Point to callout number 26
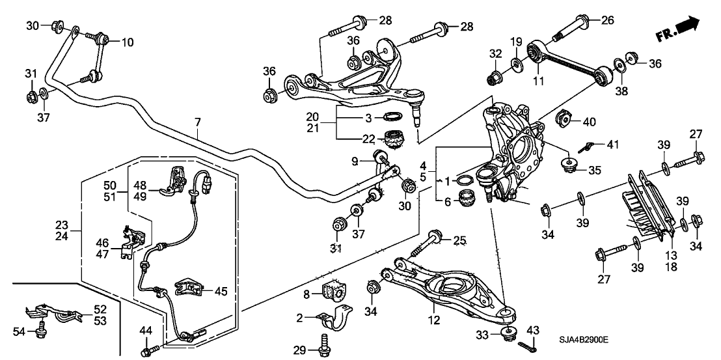606,20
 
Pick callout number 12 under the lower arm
434,320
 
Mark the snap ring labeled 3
391,117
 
